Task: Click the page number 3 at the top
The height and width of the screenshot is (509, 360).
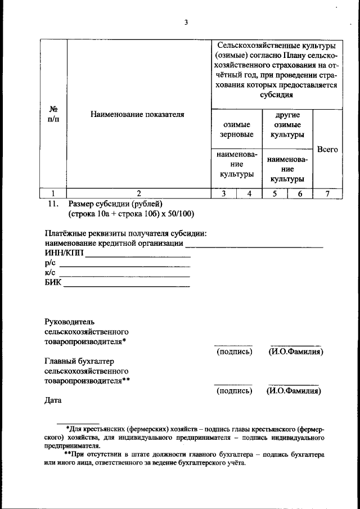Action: point(186,22)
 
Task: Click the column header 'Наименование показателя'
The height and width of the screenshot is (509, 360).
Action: point(137,115)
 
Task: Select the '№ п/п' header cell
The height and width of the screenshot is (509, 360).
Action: point(55,115)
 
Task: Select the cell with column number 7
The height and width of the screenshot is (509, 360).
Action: point(327,193)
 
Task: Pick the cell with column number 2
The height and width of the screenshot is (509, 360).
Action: point(137,193)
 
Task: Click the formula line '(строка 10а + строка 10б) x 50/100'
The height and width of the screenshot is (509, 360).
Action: point(132,214)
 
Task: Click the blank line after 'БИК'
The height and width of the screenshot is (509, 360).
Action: point(127,286)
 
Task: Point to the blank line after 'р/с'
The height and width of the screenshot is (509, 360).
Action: point(124,266)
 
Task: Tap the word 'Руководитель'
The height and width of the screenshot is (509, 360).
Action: point(66,321)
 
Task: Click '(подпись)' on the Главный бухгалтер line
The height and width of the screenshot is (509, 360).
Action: point(234,391)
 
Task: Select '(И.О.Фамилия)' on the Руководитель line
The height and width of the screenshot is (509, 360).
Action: point(295,352)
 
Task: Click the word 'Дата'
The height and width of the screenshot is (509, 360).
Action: point(53,401)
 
